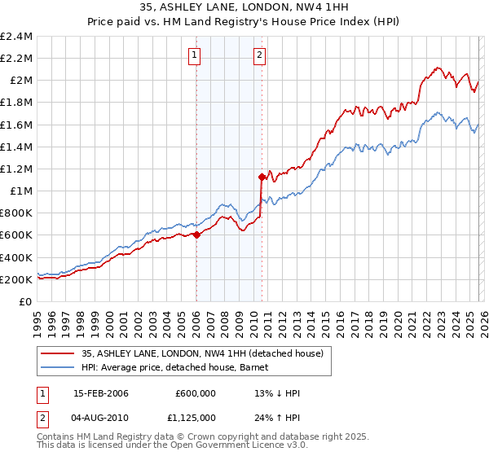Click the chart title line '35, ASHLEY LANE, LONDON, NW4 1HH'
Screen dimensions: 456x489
(x=244, y=9)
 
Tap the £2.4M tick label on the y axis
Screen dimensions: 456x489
(x=16, y=37)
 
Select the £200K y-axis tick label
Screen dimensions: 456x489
(x=16, y=279)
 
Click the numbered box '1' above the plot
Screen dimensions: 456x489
(x=196, y=55)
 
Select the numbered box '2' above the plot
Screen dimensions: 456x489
(x=259, y=55)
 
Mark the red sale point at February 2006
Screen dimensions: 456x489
(x=196, y=235)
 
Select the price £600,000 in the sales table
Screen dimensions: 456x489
(x=195, y=393)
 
